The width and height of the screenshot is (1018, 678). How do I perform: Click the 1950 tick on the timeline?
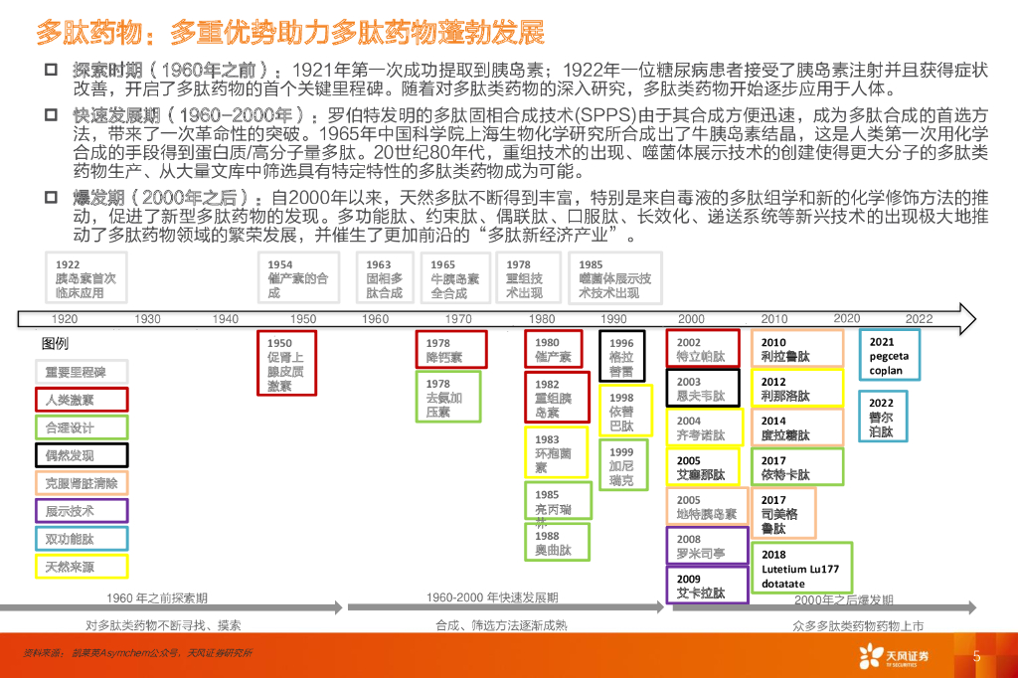point(303,319)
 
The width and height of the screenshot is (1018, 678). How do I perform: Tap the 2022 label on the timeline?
point(919,319)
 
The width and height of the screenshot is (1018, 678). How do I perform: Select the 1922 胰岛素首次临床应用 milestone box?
point(87,279)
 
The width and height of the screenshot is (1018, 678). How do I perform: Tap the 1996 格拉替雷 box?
point(621,355)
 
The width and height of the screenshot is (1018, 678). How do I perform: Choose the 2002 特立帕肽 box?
point(702,349)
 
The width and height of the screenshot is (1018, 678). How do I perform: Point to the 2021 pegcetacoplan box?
point(890,356)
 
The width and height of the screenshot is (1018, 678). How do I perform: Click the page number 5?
point(976,656)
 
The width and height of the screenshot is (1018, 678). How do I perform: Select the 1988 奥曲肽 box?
point(555,543)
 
